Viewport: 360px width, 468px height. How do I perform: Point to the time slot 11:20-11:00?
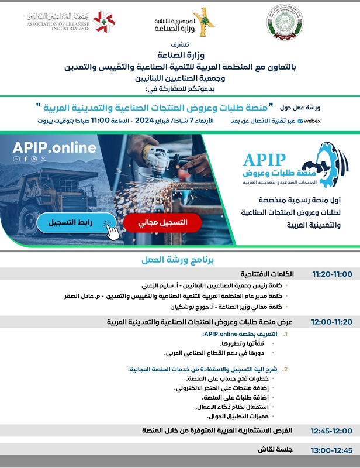pyautogui.click(x=331, y=274)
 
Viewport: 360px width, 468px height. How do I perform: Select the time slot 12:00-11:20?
pyautogui.click(x=331, y=322)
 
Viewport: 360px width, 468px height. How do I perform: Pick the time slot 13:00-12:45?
pyautogui.click(x=331, y=450)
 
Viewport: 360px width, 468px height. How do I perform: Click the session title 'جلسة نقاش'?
pyautogui.click(x=275, y=450)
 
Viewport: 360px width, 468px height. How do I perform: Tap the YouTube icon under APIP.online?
pyautogui.click(x=16, y=159)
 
